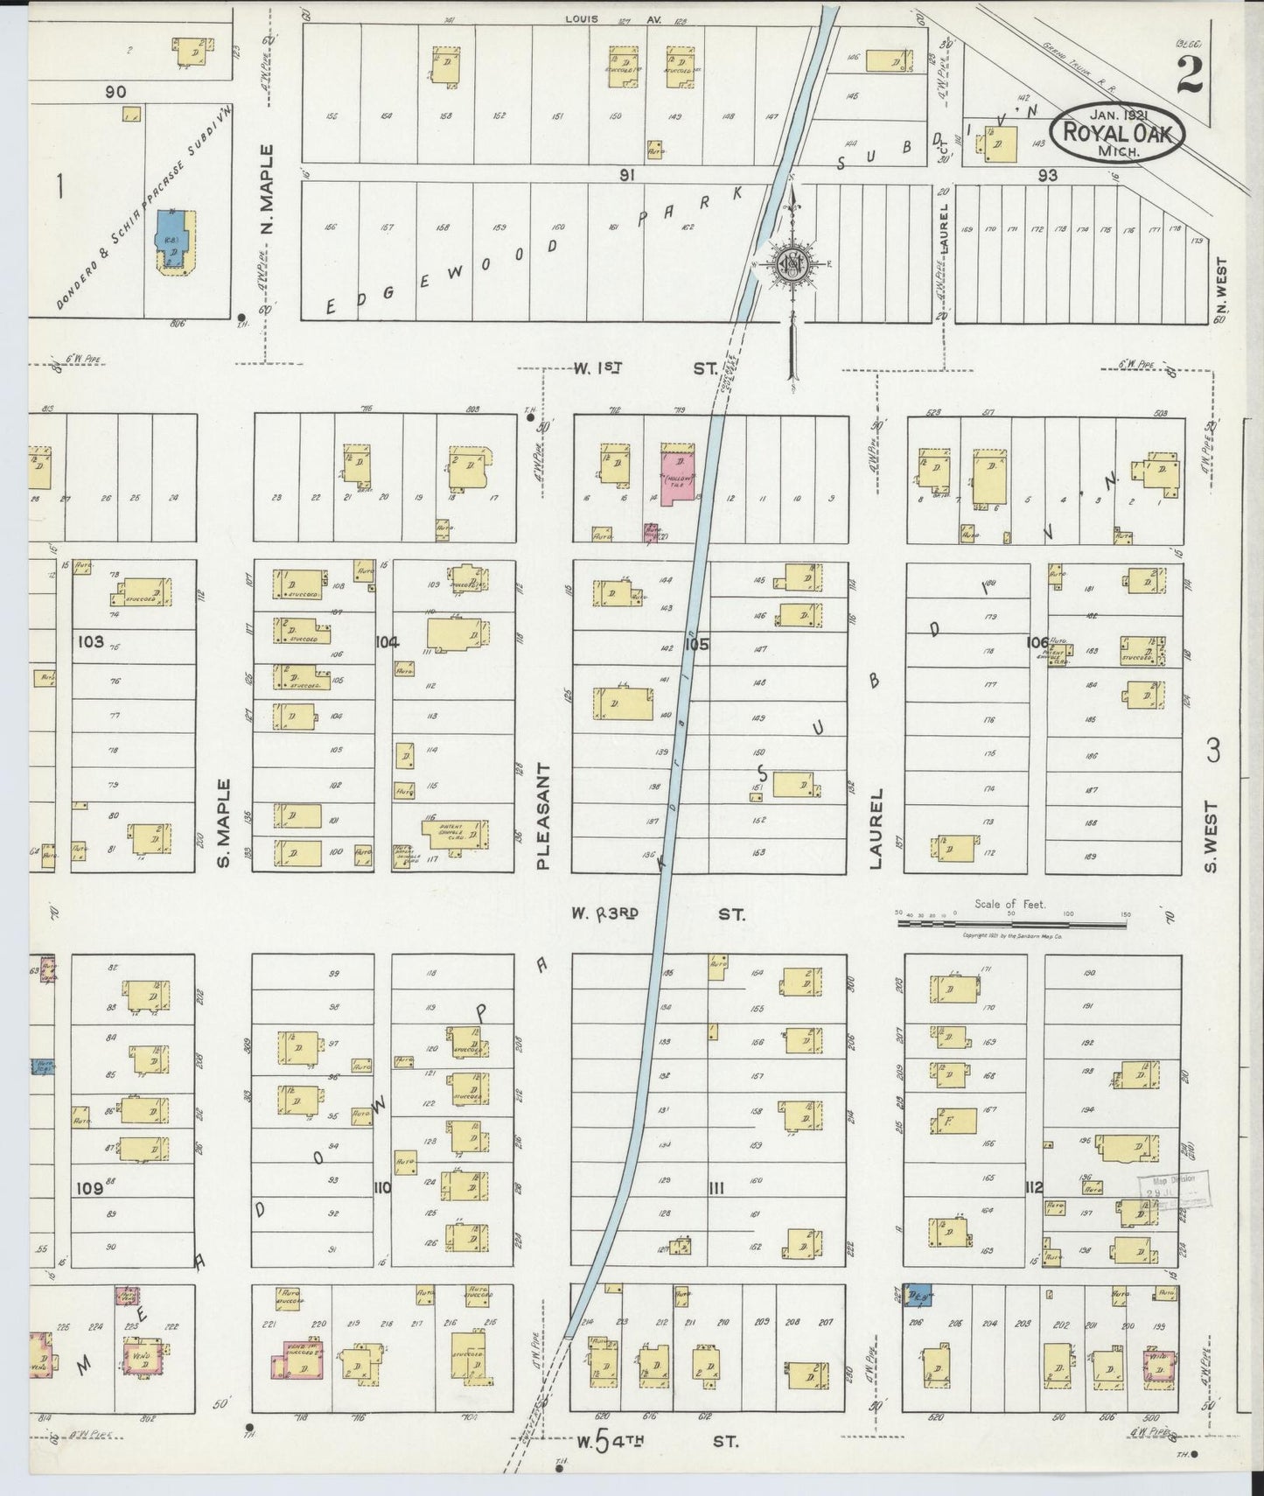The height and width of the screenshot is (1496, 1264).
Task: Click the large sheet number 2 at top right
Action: click(1189, 73)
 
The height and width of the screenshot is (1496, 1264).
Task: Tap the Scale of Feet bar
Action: click(1012, 919)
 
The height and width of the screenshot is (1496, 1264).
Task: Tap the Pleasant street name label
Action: click(542, 815)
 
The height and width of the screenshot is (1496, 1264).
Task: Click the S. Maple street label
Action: click(224, 822)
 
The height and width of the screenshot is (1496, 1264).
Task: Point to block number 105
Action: click(696, 645)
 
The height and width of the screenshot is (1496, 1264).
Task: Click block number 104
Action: click(387, 642)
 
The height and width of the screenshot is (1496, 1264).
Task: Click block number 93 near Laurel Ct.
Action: click(1046, 175)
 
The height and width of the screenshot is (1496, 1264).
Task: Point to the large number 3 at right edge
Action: click(1212, 751)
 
